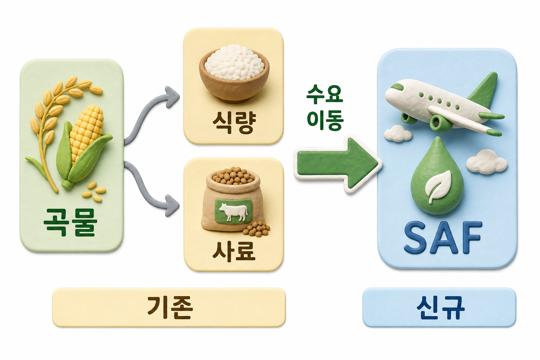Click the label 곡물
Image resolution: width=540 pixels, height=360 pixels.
click(x=70, y=222)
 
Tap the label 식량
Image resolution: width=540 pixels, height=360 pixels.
click(x=234, y=122)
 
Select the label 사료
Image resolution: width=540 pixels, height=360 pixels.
click(x=233, y=251)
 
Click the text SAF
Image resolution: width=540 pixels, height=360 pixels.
click(x=443, y=238)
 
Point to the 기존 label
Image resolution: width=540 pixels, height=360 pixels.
click(x=170, y=307)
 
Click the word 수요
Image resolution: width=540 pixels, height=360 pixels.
click(x=325, y=95)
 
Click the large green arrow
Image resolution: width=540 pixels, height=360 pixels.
click(x=337, y=164)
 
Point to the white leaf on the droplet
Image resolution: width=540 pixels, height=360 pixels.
click(x=437, y=186)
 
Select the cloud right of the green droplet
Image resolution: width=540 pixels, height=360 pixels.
click(x=487, y=162)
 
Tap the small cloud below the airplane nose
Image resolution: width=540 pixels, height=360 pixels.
click(x=398, y=133)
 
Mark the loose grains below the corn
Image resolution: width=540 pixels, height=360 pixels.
click(x=94, y=192)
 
